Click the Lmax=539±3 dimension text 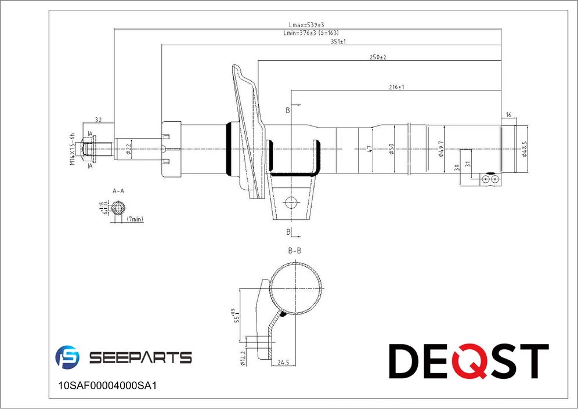point(307,25)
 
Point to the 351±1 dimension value point(338,41)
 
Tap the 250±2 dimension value point(378,57)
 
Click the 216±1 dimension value point(396,87)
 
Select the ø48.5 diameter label point(524,149)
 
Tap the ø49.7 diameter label point(441,149)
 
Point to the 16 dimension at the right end point(508,115)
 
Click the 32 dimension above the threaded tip point(98,120)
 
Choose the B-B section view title point(295,251)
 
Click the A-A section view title point(118,190)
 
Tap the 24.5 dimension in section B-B point(283,363)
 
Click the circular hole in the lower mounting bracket point(291,202)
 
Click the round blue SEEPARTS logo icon point(67,357)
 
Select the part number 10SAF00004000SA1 point(109,385)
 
